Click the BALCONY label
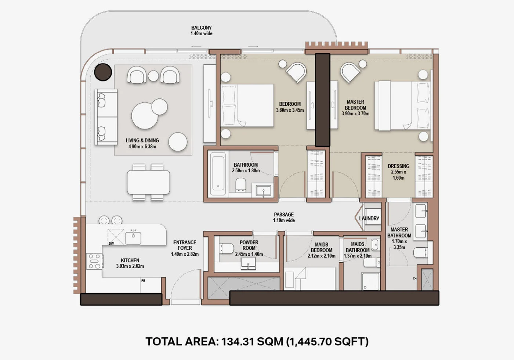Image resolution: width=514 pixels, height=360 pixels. [202, 28]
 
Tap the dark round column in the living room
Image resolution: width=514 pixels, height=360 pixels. [103, 72]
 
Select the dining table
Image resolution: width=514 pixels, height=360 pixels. [148, 182]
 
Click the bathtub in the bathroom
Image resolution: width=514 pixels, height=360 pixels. [218, 173]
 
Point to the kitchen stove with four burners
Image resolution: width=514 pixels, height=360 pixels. [94, 261]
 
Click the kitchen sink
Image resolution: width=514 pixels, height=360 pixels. [133, 238]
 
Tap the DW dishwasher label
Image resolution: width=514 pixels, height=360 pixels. [111, 243]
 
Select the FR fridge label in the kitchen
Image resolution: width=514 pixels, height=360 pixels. [143, 281]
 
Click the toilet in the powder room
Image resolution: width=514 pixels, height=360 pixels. [226, 249]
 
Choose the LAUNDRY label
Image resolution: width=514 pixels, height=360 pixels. [369, 218]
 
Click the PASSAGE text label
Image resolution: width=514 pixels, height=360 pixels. [284, 215]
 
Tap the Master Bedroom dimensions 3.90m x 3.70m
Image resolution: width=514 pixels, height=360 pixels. [355, 114]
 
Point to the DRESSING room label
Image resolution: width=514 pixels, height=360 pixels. [398, 166]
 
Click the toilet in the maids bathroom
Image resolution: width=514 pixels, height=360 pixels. [372, 262]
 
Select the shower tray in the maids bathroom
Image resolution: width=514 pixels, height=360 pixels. [370, 281]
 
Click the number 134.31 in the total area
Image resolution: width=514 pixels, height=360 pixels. [238, 341]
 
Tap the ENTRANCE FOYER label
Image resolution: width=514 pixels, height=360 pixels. [185, 245]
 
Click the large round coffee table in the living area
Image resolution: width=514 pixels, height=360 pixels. [145, 116]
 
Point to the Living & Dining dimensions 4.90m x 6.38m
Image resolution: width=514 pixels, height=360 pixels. [142, 147]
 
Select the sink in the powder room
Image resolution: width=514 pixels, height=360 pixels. [248, 263]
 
